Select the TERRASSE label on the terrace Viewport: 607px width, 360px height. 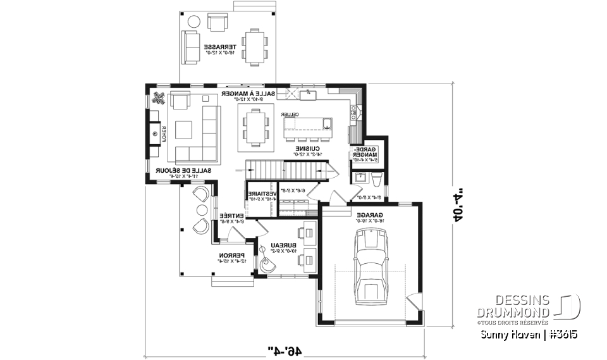pos(220,47)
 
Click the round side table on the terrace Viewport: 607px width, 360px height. pos(194,22)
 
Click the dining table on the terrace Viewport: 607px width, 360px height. pos(255,47)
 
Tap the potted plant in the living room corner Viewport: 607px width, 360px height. pos(159,98)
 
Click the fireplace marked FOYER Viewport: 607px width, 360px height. pos(155,133)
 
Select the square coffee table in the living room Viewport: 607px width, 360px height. pos(185,130)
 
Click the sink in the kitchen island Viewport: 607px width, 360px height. pos(327,121)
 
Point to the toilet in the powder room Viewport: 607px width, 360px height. pos(376,182)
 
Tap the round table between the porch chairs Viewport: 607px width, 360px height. pos(202,209)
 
